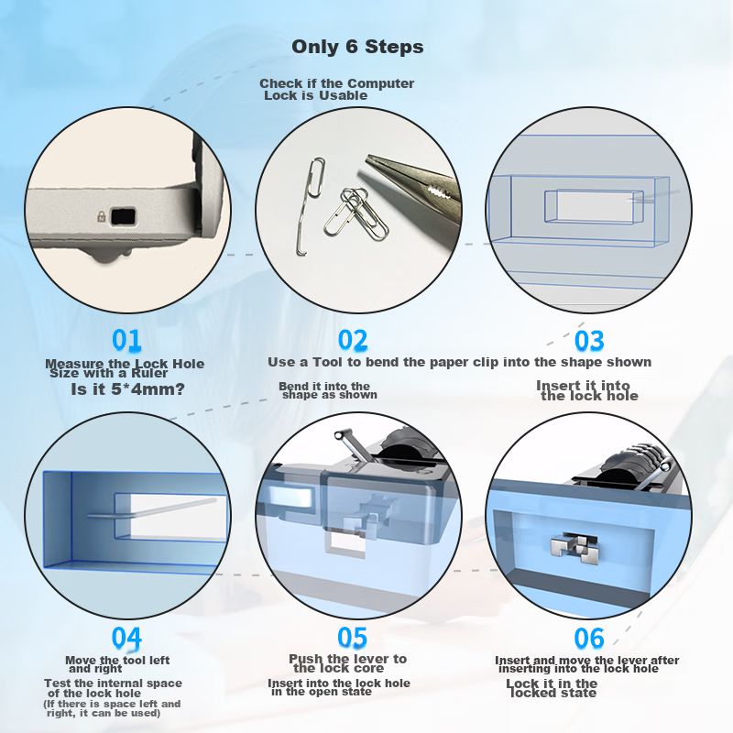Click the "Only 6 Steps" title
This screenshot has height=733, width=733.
(x=357, y=47)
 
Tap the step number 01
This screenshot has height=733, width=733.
(x=126, y=340)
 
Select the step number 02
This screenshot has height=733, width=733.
(x=353, y=340)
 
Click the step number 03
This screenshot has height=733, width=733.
(x=589, y=340)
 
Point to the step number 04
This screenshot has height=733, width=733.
(x=126, y=638)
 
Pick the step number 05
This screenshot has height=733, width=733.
(x=353, y=638)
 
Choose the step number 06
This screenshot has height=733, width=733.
(x=589, y=638)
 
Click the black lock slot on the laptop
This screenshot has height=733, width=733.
(x=123, y=216)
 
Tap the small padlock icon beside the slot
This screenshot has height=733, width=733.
(x=101, y=216)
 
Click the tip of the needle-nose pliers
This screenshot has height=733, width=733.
(x=368, y=158)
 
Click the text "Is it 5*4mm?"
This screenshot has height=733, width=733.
(x=128, y=388)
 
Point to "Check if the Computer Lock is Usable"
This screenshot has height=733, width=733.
(x=336, y=89)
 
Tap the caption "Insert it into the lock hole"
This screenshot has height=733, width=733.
(x=586, y=391)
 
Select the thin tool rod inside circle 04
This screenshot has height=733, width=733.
(x=152, y=509)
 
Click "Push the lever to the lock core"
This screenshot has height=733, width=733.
(x=347, y=663)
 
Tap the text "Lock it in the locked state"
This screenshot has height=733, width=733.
(x=552, y=688)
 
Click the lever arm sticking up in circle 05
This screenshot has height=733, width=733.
(x=353, y=446)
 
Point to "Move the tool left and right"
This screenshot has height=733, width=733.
(x=117, y=664)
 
